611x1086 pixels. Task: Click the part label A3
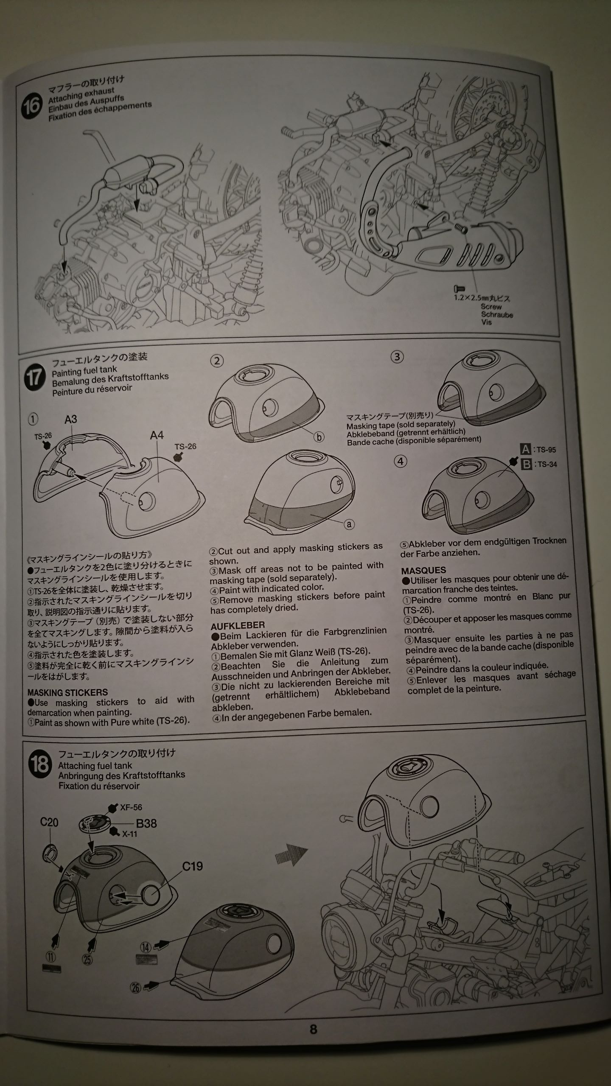71,419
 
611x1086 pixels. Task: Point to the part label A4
157,435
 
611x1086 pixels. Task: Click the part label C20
49,822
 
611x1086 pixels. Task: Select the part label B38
146,823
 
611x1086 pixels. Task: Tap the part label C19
193,866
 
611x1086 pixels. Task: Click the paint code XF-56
131,808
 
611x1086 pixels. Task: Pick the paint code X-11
130,834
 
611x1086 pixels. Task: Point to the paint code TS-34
547,464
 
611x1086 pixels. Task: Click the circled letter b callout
319,437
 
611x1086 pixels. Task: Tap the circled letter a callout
349,524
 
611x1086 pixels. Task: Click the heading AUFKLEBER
238,625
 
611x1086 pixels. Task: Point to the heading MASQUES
423,571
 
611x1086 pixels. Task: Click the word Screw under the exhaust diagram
491,306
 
